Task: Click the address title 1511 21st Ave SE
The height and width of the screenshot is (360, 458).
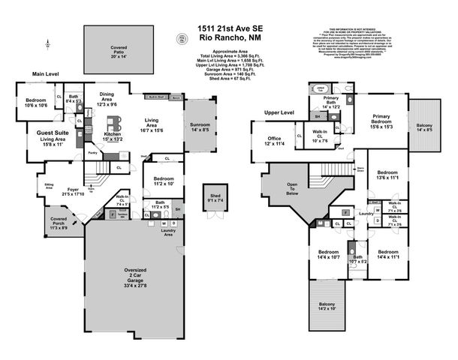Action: (230, 28)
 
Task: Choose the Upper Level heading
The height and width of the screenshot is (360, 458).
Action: (279, 112)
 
